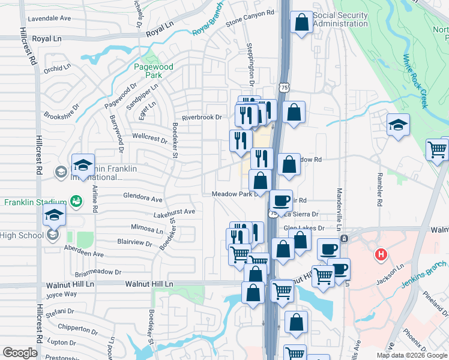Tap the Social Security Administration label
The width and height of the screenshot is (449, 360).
(x=340, y=19)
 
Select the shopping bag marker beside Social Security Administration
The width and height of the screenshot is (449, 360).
(x=301, y=23)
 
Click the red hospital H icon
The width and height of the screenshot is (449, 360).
(x=379, y=255)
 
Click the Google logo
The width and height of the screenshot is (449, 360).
(x=20, y=353)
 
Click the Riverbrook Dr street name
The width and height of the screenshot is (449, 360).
(x=202, y=118)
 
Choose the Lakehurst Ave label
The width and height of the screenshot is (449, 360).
(x=174, y=212)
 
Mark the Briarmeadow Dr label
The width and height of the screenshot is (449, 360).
(x=101, y=271)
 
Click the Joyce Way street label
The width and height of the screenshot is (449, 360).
(x=62, y=294)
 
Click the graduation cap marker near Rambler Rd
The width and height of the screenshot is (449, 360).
(x=397, y=126)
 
